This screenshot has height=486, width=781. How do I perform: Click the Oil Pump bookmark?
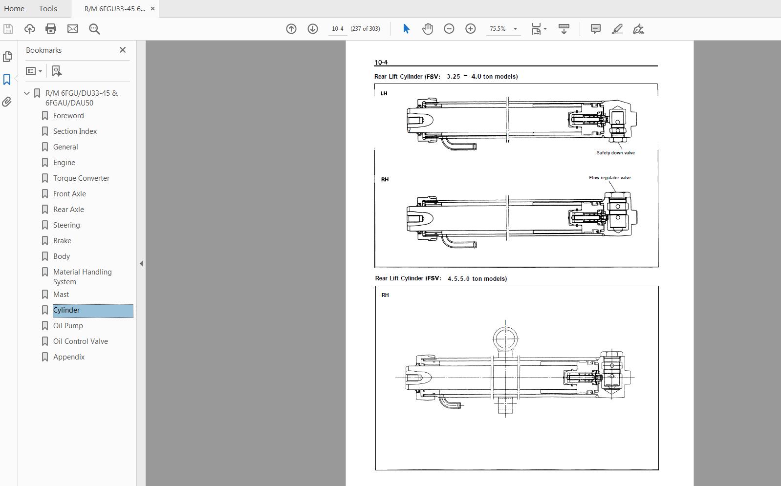click(x=68, y=326)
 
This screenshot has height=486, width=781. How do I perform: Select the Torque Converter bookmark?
click(x=81, y=178)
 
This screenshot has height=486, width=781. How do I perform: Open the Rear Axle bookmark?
click(x=68, y=210)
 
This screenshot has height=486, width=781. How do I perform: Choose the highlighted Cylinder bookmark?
click(x=66, y=310)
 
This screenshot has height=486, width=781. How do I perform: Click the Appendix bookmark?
click(x=69, y=357)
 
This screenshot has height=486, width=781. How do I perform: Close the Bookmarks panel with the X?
click(x=123, y=50)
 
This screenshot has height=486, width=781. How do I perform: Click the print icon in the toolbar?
click(x=51, y=29)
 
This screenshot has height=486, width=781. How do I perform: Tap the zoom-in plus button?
click(x=470, y=29)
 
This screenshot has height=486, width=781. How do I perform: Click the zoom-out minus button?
click(x=449, y=29)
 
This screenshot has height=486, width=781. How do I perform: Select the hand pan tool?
click(x=428, y=29)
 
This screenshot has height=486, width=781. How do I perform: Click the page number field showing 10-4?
click(x=337, y=29)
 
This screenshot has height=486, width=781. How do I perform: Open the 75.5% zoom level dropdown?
click(x=515, y=29)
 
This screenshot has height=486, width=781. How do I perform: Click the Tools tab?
click(x=48, y=8)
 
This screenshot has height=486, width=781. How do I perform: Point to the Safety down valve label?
click(x=615, y=153)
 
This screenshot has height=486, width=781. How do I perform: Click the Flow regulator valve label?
click(x=609, y=178)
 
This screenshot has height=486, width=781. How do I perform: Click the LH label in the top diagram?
click(x=384, y=93)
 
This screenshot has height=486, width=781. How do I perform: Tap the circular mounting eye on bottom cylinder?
click(x=505, y=338)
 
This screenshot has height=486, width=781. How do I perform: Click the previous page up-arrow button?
click(x=291, y=29)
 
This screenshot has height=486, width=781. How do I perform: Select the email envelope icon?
click(x=73, y=29)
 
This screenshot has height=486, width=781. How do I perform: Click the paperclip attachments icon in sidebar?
click(x=7, y=102)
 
